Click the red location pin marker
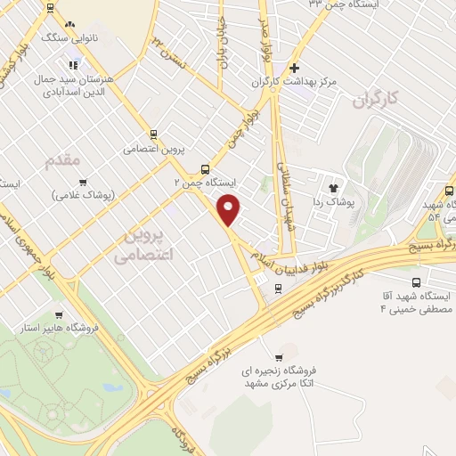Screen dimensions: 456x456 (x=230, y=210)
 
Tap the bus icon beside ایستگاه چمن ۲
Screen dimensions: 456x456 (x=206, y=169)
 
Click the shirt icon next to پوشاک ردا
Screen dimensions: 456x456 (x=334, y=188)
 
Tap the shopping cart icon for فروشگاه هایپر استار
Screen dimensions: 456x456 (x=58, y=313)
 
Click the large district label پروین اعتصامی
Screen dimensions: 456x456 (x=144, y=245)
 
